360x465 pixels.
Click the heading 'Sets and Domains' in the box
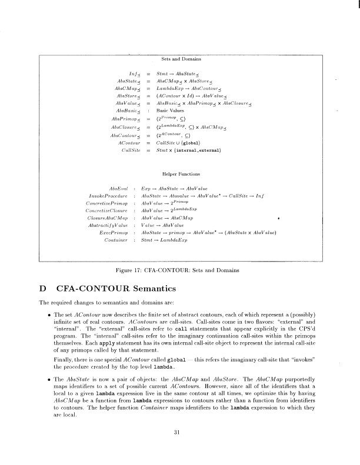181,59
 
